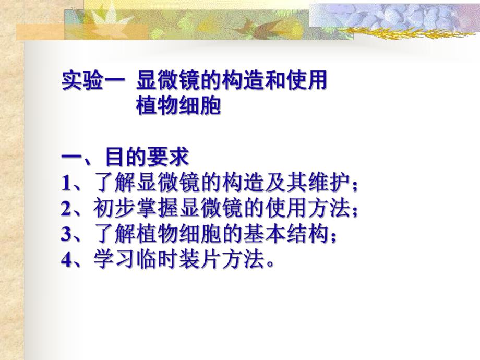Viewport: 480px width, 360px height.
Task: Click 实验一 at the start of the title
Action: pos(93,81)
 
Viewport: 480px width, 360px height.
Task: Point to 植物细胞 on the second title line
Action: pos(178,106)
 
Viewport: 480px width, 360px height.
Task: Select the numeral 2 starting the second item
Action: pos(66,209)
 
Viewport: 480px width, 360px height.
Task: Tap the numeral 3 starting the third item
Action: pos(66,235)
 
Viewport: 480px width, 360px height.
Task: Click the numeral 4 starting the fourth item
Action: pos(66,260)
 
